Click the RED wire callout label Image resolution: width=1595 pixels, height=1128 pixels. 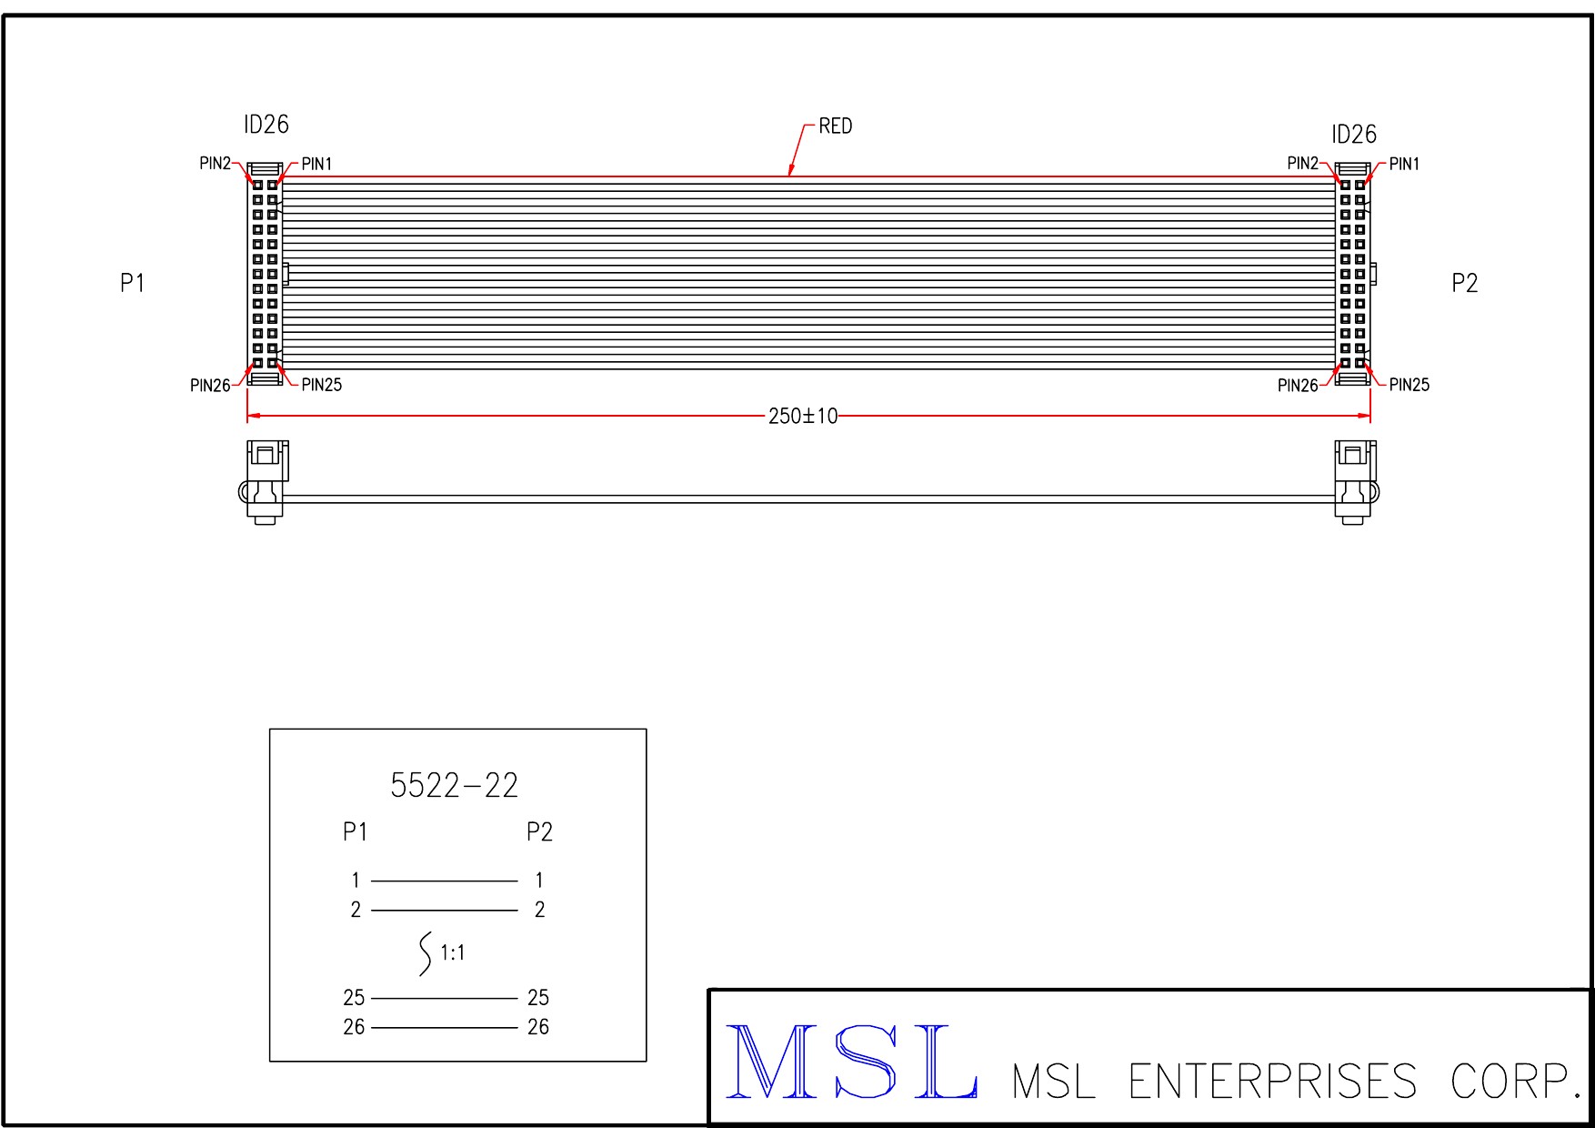pyautogui.click(x=835, y=126)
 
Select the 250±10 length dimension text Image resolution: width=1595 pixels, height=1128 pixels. pyautogui.click(x=803, y=417)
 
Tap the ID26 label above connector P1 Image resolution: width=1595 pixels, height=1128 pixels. pyautogui.click(x=266, y=125)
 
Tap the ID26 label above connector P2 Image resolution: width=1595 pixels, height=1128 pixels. pyautogui.click(x=1354, y=135)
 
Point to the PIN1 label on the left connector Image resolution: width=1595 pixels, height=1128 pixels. pyautogui.click(x=316, y=164)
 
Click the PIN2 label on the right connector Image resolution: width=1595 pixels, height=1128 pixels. pyautogui.click(x=1302, y=163)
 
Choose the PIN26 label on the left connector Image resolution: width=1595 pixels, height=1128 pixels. pyautogui.click(x=210, y=386)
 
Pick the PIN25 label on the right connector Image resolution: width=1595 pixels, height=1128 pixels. pyautogui.click(x=1409, y=385)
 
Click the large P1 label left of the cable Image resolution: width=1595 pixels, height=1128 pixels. pyautogui.click(x=133, y=283)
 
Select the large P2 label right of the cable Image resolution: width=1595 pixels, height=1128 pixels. pyautogui.click(x=1464, y=283)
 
